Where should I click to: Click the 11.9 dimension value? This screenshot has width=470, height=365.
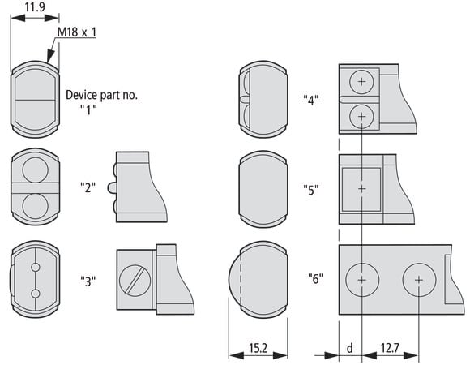coord(35,6)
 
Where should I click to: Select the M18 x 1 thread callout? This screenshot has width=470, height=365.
coord(77,32)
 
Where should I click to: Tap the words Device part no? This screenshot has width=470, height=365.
coord(101,95)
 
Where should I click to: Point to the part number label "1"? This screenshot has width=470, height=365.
coord(88,109)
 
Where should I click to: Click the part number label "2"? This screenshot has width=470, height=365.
coord(88,187)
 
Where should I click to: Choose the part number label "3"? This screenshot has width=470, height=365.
coord(88,281)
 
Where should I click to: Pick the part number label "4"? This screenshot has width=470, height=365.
coord(311,100)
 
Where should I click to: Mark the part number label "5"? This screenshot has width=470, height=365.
coord(311,190)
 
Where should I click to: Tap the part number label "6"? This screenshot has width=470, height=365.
coord(316,278)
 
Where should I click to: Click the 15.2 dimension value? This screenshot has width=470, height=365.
coord(258,348)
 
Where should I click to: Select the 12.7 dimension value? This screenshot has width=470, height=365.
coord(390,348)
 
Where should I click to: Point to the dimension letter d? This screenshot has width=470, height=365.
coord(349,348)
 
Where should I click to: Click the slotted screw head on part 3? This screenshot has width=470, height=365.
coord(135,281)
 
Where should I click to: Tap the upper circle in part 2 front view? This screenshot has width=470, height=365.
coord(35,170)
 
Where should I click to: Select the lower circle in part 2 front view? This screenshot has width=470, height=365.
coord(35,206)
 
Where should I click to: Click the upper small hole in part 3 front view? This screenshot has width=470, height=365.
coord(36,267)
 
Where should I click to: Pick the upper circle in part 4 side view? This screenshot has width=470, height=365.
coord(361,82)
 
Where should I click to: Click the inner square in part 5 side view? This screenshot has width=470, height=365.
coord(361,189)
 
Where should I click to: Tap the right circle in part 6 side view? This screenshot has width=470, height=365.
coord(419,280)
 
